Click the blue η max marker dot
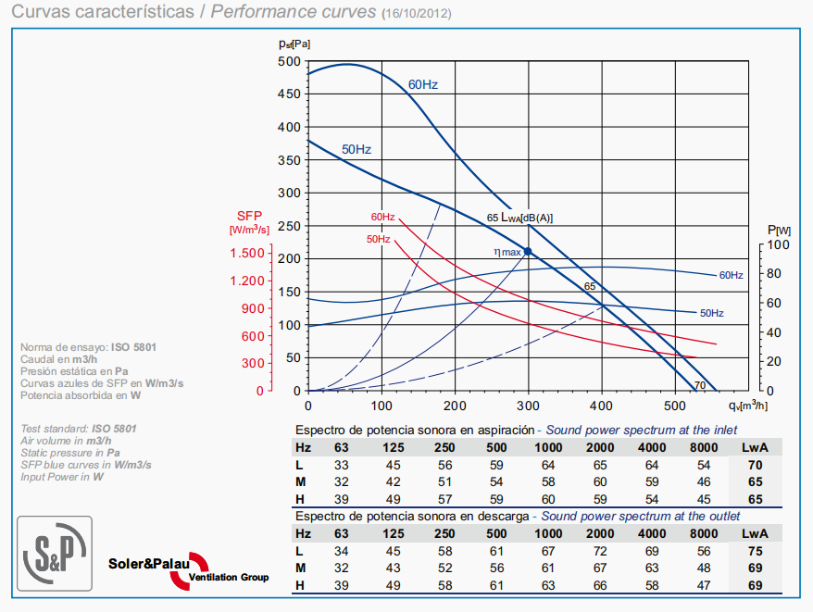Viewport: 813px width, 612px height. pos(528,251)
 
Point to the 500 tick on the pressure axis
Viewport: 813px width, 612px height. pos(289,61)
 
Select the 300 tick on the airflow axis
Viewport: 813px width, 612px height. pos(528,405)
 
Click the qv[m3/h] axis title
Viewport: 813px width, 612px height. pos(748,406)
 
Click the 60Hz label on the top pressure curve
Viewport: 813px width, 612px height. pos(422,84)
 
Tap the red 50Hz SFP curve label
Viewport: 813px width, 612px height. pos(378,238)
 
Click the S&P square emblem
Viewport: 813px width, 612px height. pos(55,552)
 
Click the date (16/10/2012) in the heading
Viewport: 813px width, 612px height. pos(417,13)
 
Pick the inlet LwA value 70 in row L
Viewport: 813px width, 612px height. pos(756,465)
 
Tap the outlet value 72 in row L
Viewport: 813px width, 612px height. pos(600,551)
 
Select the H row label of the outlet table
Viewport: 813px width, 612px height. pos(300,586)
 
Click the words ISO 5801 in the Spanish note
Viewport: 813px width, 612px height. pos(134,346)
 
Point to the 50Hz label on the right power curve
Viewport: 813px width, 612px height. pos(711,313)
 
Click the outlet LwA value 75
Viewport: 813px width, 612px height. pos(756,551)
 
